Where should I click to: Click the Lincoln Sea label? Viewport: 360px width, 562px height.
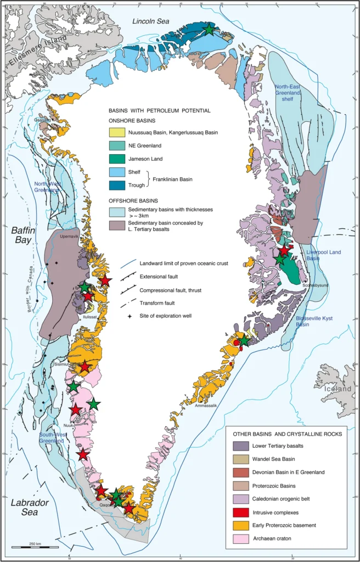[151, 21]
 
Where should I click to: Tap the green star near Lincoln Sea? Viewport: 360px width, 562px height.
[209, 30]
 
